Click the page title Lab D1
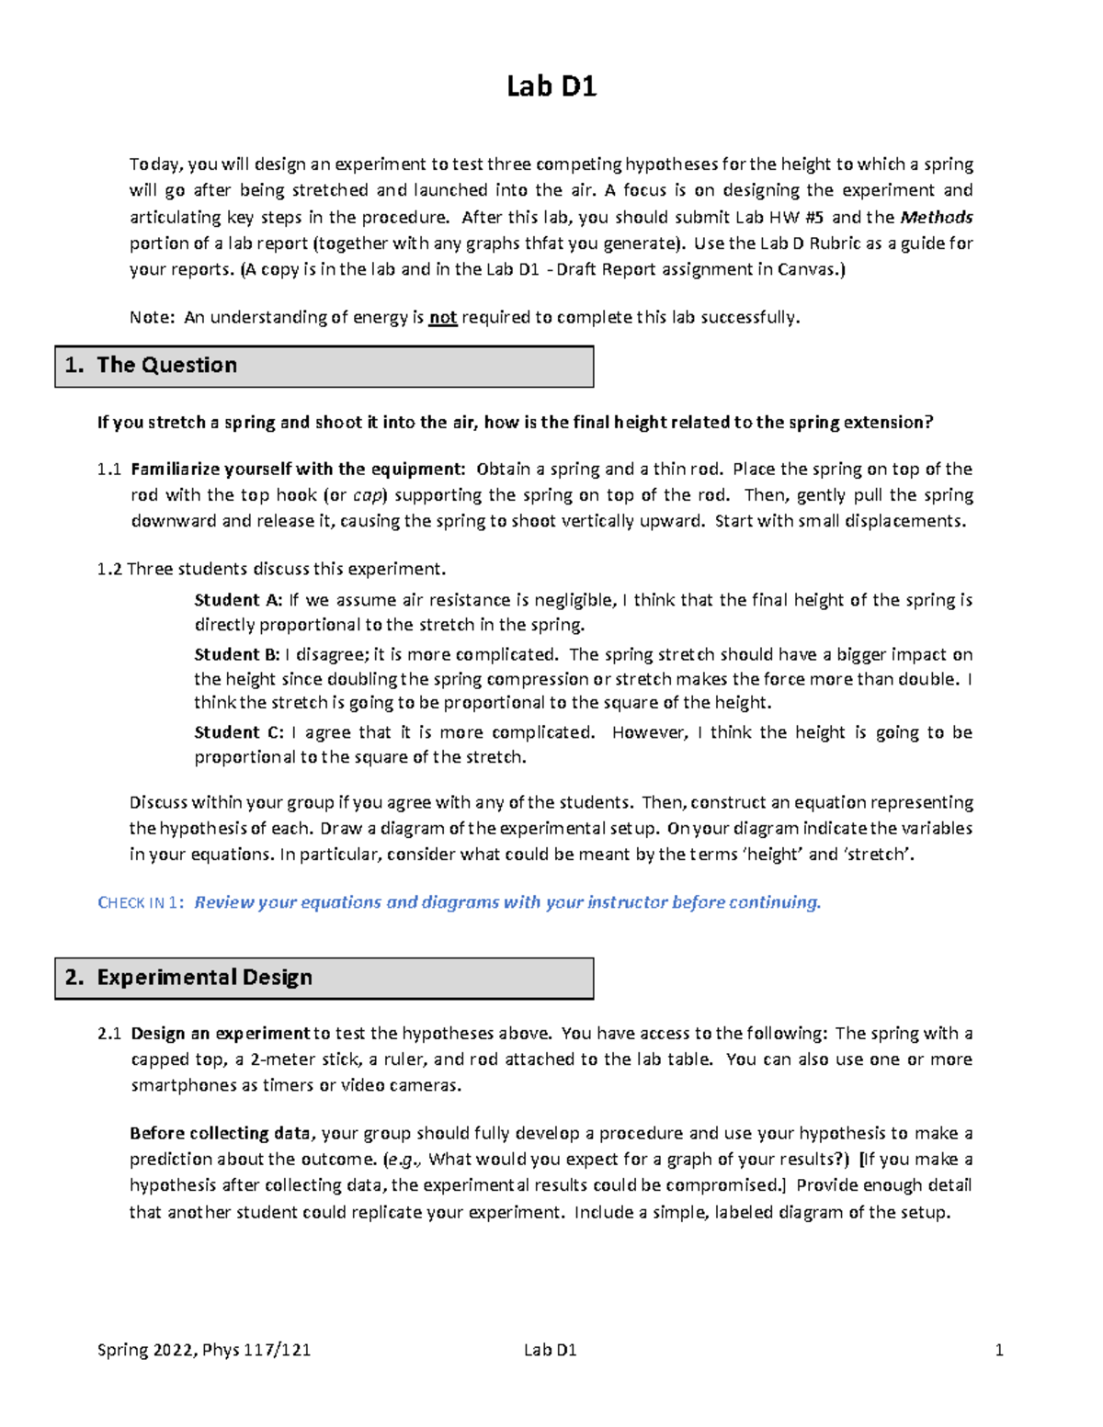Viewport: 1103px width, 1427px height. point(551,86)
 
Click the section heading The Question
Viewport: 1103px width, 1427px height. point(166,365)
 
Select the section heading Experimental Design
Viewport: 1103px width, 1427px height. point(204,977)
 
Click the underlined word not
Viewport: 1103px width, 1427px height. point(443,318)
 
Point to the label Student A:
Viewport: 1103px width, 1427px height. point(238,600)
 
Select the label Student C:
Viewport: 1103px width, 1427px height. point(238,732)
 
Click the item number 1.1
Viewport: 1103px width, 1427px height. point(108,470)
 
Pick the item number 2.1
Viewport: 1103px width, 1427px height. point(108,1034)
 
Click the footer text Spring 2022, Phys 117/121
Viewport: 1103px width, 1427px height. point(203,1350)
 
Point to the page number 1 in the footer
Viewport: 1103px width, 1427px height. point(999,1350)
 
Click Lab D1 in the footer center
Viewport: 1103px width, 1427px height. point(550,1350)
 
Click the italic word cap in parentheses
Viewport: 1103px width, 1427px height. point(367,495)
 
